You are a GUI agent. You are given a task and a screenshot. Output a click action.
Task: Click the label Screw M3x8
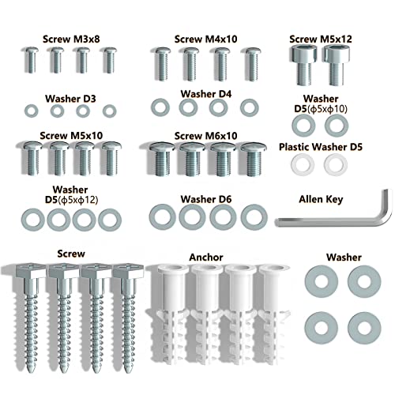coord(71,39)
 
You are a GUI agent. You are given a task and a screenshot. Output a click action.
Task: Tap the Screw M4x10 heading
coord(205,39)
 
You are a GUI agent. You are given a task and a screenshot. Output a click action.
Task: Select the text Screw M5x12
coord(321,39)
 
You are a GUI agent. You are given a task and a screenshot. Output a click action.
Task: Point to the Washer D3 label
coord(70,99)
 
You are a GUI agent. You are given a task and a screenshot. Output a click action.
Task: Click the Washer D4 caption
coord(206,94)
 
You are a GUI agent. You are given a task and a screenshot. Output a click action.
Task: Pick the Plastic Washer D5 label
coord(321,147)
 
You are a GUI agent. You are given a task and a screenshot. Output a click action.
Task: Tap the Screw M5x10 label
coord(71,136)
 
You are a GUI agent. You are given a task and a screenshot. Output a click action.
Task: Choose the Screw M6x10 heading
coord(205,136)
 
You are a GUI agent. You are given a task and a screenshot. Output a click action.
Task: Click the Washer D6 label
coord(206,199)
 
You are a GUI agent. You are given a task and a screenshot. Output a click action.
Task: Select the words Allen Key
coord(321,199)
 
